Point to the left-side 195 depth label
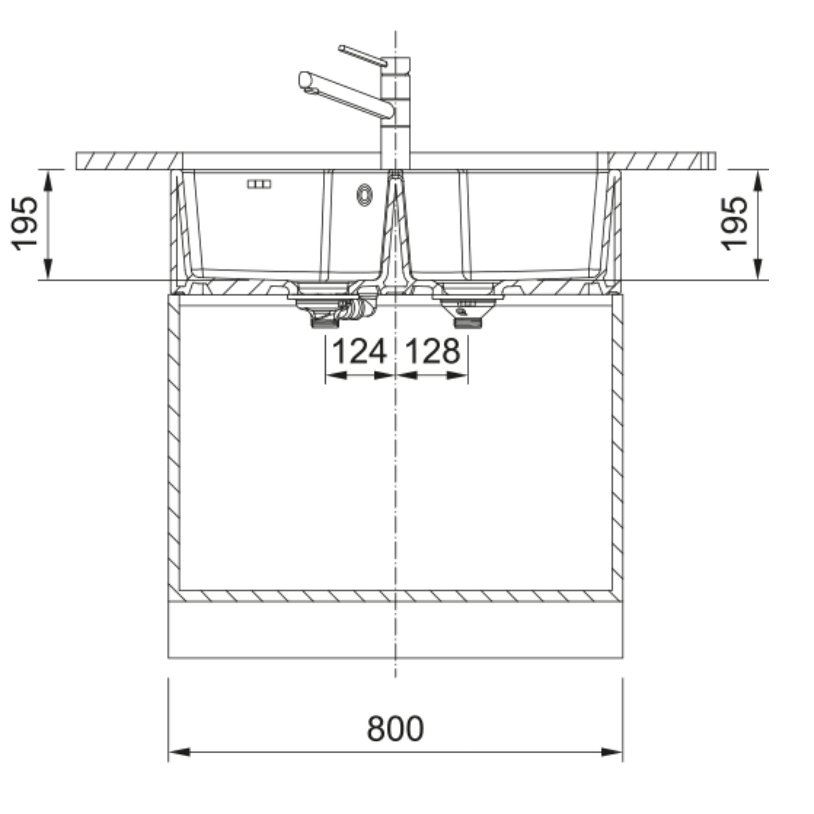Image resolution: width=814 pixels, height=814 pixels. [x=24, y=224]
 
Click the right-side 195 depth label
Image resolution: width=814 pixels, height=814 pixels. [x=734, y=224]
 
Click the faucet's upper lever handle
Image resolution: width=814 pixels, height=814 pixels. [x=362, y=56]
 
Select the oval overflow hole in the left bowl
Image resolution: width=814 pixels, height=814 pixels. [x=364, y=195]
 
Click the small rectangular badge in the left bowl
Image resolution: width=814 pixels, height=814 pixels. [x=259, y=184]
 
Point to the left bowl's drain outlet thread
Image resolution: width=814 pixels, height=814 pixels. [x=324, y=323]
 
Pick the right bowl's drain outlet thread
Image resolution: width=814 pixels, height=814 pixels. [x=467, y=323]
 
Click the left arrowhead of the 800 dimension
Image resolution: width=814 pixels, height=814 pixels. [x=179, y=764]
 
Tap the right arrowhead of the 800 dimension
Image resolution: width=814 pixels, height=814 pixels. [x=612, y=764]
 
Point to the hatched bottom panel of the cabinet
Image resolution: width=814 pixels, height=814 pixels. [x=395, y=596]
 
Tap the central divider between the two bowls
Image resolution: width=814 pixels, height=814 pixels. [x=395, y=236]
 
